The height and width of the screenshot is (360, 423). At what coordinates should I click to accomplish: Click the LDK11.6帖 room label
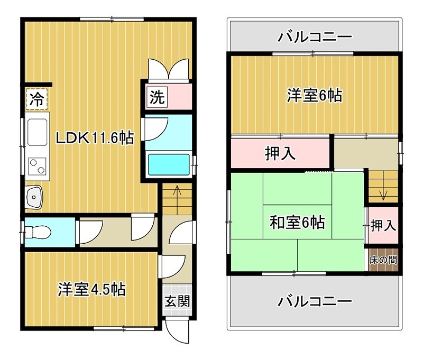point(95,139)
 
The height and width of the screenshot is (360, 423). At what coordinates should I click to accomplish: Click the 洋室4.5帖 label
point(91,289)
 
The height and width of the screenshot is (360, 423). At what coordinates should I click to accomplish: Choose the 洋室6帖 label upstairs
point(314,96)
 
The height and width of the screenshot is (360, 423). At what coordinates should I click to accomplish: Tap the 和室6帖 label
point(297,223)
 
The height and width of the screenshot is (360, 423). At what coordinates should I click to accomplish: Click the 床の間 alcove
point(383,261)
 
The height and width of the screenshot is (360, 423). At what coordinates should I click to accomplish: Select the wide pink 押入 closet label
point(280,153)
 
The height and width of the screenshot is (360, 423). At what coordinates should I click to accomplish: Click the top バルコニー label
point(315,37)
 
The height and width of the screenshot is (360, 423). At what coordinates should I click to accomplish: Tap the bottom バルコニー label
point(315,302)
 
